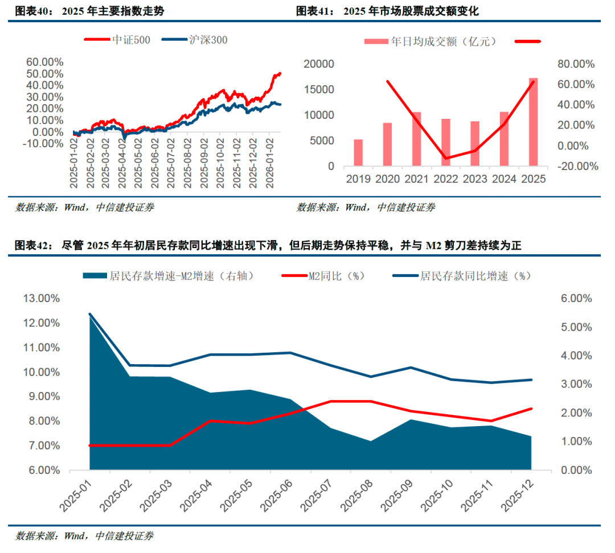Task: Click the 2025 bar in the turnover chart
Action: coord(534,122)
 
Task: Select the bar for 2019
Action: coord(358,153)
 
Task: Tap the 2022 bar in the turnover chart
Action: coord(446,143)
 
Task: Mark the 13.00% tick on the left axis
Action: coord(40,299)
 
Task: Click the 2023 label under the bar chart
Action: coord(475,179)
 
